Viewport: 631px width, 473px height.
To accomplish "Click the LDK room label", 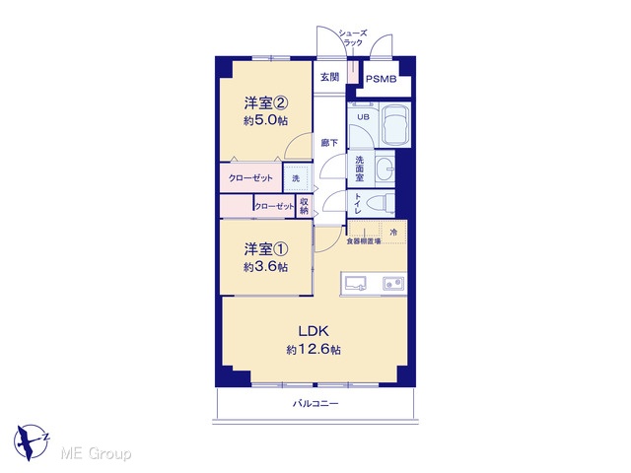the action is coord(314,331).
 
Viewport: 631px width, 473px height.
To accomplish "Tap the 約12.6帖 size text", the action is coord(314,350).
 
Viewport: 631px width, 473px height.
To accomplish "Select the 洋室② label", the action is coord(265,103).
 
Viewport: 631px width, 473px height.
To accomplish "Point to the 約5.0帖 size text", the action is coord(265,120).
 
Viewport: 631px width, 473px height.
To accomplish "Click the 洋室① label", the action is coord(265,249).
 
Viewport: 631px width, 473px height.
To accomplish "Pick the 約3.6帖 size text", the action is coord(265,267).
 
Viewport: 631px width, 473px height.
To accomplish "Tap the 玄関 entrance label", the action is coord(329,77).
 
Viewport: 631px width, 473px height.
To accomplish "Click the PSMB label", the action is coord(382,79).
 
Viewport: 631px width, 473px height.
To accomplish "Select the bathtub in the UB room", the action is coord(395,125).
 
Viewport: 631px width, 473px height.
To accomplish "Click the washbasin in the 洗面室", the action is coord(385,169).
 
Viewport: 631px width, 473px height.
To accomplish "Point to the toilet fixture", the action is coord(385,204).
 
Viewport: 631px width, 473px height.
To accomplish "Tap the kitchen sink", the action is coord(355,283).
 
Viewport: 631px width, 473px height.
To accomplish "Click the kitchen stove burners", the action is coord(393,284).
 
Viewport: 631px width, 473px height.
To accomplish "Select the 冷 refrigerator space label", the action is coord(394,233).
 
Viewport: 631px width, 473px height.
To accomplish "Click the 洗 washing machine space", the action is coord(298,177).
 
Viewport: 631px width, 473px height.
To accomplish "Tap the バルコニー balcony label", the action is coord(315,403).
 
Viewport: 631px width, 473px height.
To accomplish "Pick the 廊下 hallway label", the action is coord(329,143).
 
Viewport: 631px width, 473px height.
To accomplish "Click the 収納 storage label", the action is coord(304,206).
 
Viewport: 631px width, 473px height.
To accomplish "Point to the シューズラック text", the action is coord(353,37).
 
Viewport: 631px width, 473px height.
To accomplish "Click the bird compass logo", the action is coord(31,441).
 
